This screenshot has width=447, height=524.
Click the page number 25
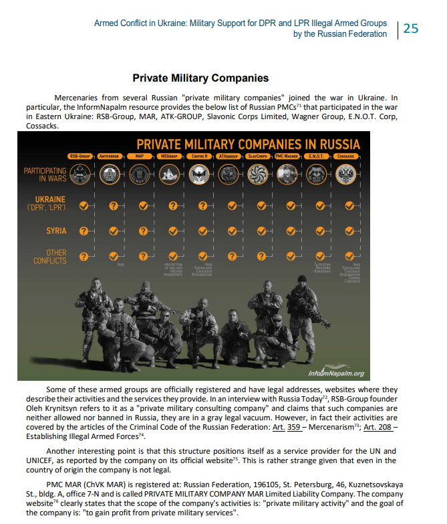coord(411,28)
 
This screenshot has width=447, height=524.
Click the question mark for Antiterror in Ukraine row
coord(114,206)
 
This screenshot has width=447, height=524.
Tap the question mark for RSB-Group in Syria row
coord(84,231)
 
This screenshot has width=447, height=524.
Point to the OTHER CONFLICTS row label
coord(50,256)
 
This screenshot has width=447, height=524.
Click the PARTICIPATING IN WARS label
coord(45,175)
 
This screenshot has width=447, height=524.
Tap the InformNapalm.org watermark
coord(337,373)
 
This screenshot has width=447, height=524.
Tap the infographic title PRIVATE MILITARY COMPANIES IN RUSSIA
coord(248,144)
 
